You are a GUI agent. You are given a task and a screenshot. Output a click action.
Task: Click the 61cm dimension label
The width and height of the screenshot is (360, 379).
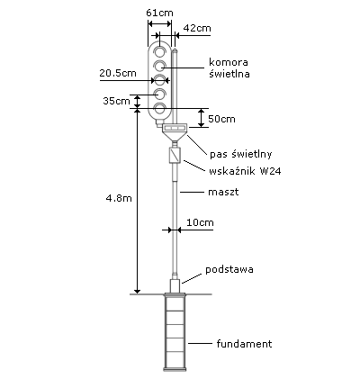(159, 13)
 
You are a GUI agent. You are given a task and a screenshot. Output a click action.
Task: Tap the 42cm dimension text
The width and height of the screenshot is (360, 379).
(197, 28)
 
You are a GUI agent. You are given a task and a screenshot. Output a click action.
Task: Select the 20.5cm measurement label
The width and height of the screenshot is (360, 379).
(118, 73)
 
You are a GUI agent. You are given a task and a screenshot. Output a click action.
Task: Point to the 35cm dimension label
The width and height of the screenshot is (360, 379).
(116, 101)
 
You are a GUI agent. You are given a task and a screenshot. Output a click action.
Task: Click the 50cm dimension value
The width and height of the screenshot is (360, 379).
(221, 119)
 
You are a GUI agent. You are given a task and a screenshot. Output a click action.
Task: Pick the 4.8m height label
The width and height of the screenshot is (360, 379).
(119, 198)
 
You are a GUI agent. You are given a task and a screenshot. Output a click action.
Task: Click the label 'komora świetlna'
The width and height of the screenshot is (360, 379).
(229, 68)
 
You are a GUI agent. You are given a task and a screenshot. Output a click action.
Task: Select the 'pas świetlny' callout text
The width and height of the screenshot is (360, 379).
(241, 154)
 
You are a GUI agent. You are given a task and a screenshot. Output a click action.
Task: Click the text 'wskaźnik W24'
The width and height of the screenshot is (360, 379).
(245, 171)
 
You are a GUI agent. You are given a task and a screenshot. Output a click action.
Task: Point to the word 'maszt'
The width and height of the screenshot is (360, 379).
(223, 192)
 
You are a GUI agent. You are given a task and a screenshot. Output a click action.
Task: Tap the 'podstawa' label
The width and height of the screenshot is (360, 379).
(229, 269)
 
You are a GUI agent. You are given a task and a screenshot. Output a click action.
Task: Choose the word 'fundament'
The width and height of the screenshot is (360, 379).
(244, 344)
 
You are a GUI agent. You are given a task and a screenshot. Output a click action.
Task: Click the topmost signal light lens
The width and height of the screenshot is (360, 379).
(159, 51)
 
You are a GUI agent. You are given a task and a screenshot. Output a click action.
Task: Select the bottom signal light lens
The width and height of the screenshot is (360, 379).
(159, 109)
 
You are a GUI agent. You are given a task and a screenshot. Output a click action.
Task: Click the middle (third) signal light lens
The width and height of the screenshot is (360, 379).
(159, 80)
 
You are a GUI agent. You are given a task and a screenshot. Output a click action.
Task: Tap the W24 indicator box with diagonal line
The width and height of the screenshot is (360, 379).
(175, 155)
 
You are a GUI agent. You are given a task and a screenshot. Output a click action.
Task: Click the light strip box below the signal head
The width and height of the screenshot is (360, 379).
(175, 128)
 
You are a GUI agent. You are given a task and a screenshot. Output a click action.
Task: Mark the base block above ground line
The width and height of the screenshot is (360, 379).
(175, 286)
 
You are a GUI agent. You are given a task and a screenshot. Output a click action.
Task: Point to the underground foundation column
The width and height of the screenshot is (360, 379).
(175, 332)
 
